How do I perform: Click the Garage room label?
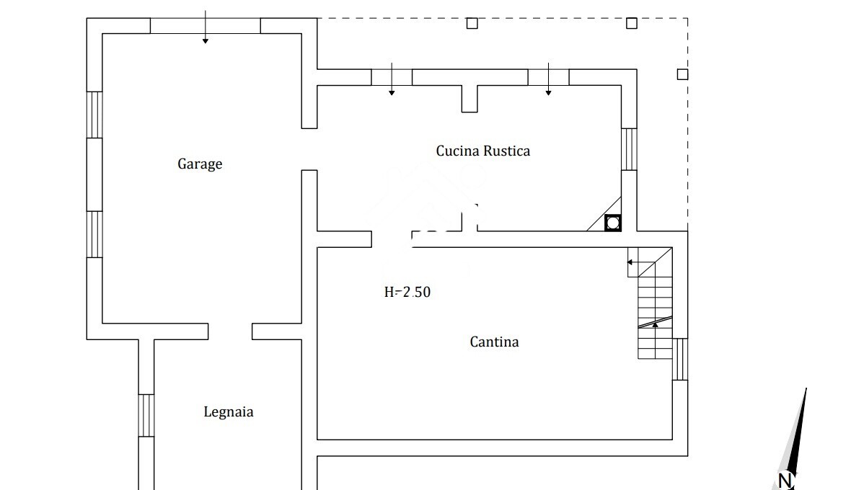pos(200,164)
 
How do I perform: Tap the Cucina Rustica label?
pos(482,151)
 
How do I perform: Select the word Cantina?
pos(494,342)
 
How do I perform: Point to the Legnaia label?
pos(228,413)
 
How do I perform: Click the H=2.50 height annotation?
pos(407,293)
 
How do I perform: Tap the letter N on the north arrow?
pos(785,480)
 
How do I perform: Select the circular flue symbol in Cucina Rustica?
pos(612,223)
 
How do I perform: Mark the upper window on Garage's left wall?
pos(94,115)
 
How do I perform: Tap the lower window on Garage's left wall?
pos(94,234)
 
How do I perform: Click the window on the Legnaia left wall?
pos(146,415)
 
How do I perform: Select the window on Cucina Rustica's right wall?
pos(629,149)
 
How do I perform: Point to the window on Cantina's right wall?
pos(680,359)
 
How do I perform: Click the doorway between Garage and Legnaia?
pos(230,331)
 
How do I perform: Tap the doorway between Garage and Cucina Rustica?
pos(309,149)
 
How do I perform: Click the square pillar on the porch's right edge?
pos(682,74)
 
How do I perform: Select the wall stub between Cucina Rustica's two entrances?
pos(469,98)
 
